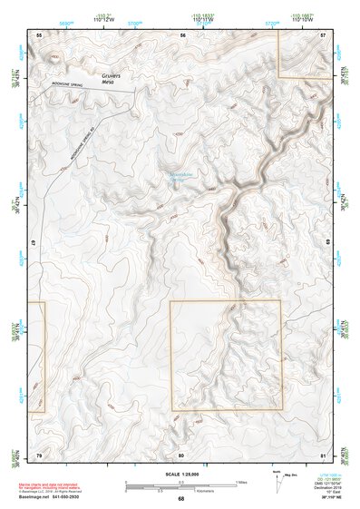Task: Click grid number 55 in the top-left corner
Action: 39,34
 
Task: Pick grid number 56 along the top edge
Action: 182,34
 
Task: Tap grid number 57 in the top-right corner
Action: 324,34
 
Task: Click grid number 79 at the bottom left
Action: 38,453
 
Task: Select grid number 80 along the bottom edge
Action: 181,453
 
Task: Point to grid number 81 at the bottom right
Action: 324,453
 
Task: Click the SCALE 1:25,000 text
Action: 180,475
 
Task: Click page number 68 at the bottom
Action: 180,498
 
